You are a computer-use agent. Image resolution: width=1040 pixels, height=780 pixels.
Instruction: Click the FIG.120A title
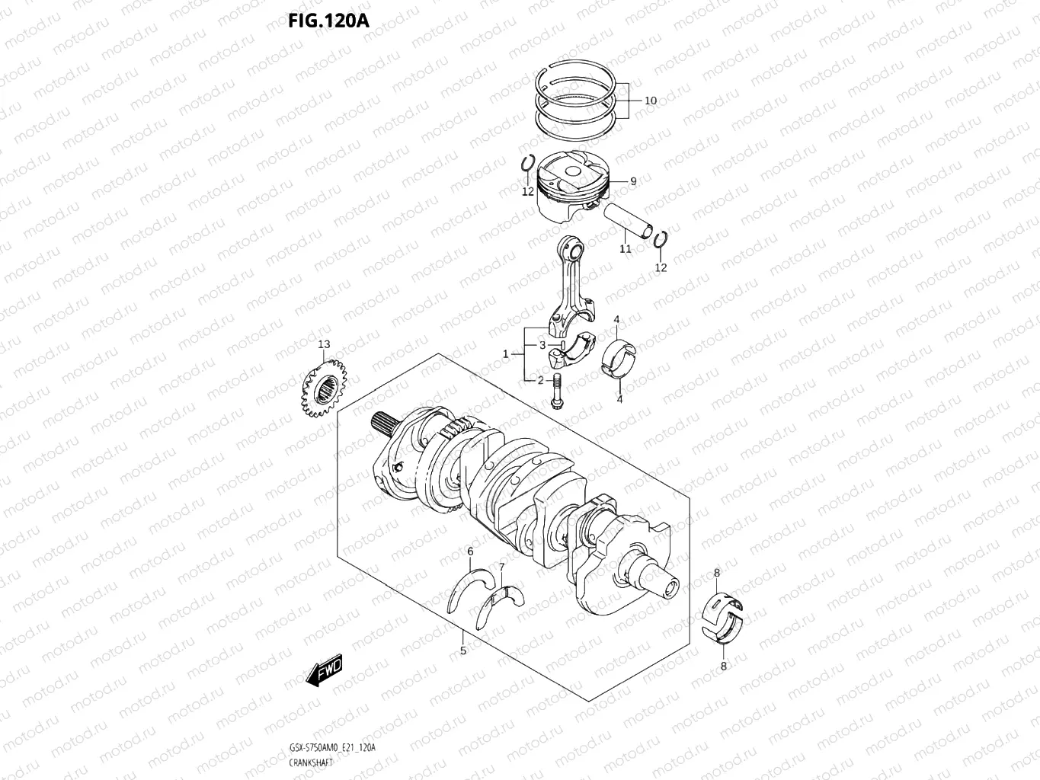(328, 20)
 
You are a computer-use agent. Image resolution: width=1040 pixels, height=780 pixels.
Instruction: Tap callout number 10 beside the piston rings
(650, 101)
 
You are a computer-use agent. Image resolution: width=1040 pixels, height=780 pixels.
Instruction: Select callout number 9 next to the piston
(633, 181)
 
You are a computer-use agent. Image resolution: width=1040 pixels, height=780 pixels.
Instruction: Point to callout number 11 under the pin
(625, 249)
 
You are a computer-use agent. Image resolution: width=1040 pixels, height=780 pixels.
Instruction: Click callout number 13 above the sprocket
(324, 344)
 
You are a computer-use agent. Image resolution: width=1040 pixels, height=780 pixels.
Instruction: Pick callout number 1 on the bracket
(505, 354)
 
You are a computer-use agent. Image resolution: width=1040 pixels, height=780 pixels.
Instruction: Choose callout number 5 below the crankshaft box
(462, 651)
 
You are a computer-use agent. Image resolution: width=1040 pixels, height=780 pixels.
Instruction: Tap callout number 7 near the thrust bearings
(501, 566)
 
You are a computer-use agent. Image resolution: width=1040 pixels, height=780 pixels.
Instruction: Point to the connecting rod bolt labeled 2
(555, 389)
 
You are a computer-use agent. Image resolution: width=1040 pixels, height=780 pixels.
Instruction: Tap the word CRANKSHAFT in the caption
(310, 762)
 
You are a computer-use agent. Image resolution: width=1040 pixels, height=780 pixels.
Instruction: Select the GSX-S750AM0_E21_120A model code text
(331, 748)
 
